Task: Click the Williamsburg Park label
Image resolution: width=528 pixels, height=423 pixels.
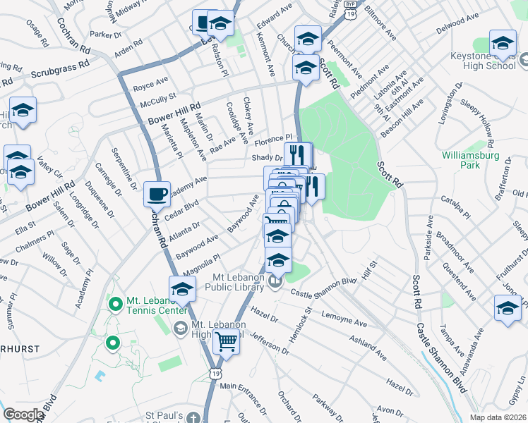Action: [x=469, y=159]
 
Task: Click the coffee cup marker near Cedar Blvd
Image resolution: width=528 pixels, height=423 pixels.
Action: [x=157, y=193]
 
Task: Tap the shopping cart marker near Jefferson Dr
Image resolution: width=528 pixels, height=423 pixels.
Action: [x=227, y=341]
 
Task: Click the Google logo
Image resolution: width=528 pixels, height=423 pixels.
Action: [x=23, y=415]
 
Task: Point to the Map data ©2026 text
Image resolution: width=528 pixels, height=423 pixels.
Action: [x=498, y=417]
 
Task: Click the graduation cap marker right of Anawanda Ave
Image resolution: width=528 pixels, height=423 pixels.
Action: [x=507, y=307]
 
